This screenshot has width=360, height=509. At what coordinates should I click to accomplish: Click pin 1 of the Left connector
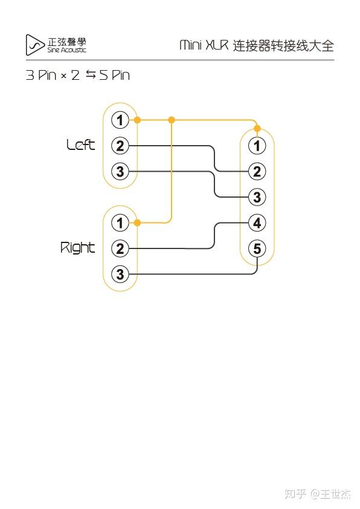click(120, 120)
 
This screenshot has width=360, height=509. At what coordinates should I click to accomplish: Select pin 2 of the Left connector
click(120, 146)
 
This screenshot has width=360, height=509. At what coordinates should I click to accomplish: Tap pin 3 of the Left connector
click(120, 172)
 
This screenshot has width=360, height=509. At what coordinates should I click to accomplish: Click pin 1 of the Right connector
click(120, 223)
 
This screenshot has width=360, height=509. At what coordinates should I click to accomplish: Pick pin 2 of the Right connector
click(120, 248)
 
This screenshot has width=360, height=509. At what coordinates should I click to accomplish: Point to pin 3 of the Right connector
click(120, 274)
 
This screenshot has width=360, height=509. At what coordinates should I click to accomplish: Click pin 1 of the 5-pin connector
click(257, 146)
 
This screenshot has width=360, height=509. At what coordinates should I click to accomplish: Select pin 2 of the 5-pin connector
click(257, 172)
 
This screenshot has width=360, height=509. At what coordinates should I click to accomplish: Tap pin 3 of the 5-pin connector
click(257, 197)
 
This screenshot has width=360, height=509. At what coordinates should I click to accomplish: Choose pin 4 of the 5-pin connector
click(257, 223)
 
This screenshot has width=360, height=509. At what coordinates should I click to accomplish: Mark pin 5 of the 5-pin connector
click(257, 248)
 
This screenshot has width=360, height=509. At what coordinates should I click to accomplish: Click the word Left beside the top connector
click(80, 145)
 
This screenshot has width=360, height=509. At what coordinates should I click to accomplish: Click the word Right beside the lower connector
click(77, 248)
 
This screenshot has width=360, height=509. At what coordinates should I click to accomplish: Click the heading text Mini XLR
click(204, 45)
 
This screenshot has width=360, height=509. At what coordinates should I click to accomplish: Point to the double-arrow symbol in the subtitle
click(91, 75)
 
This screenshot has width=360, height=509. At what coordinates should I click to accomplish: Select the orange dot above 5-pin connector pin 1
click(257, 129)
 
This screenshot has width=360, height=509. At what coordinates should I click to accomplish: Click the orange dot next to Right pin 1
click(138, 223)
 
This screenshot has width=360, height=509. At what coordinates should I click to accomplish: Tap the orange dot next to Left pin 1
click(138, 120)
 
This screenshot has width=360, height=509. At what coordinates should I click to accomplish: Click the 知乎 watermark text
click(295, 494)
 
